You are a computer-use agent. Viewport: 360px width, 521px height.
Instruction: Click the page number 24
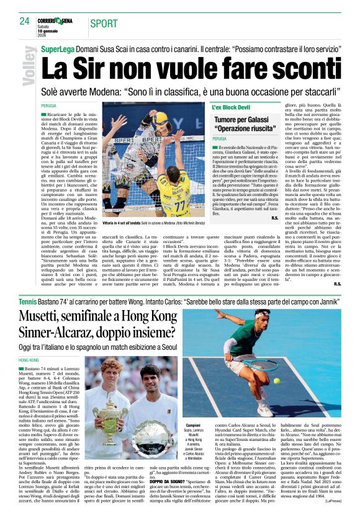[x=24, y=21]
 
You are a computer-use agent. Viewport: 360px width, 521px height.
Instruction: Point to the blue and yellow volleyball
[x=160, y=117]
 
